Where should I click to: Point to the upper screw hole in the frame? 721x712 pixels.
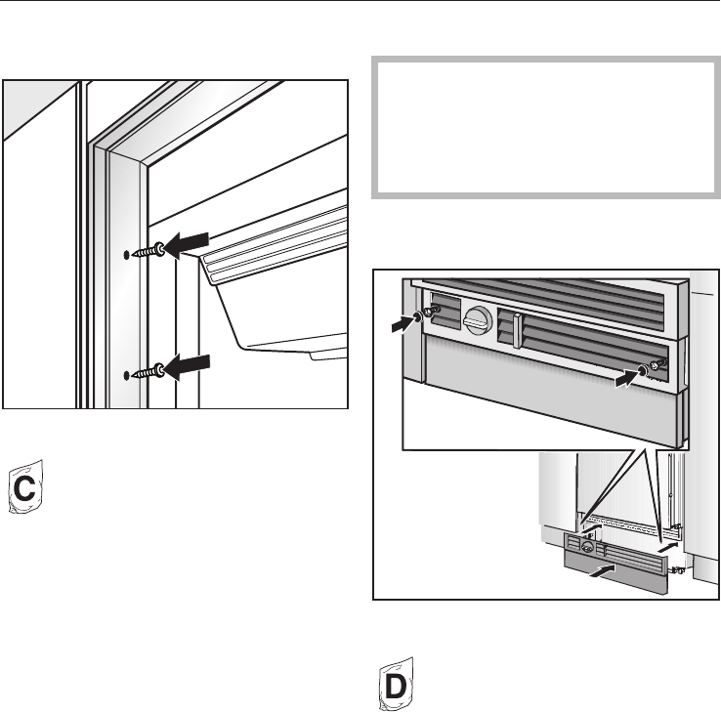tap(127, 255)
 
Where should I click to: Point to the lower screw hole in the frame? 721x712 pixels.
tap(127, 375)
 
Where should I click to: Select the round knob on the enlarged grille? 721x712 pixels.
tap(478, 318)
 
